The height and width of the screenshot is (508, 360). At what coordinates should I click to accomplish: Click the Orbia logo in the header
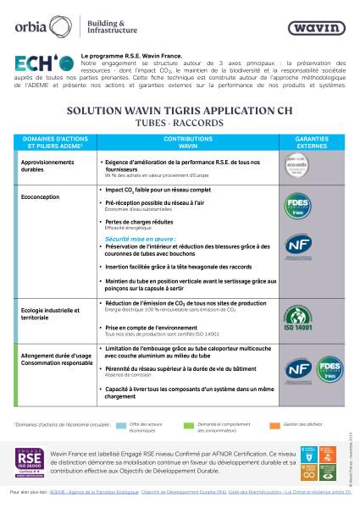pos(29,25)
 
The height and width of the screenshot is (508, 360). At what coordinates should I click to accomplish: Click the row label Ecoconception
pos(40,197)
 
